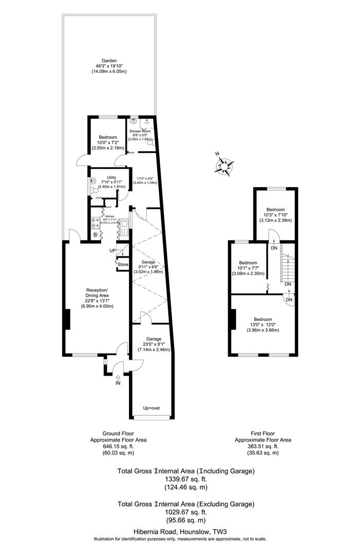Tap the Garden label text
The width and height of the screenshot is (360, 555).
pyautogui.click(x=109, y=60)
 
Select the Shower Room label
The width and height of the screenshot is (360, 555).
pyautogui.click(x=140, y=132)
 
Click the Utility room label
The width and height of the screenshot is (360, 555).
pyautogui.click(x=104, y=177)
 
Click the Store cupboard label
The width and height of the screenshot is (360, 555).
pyautogui.click(x=123, y=265)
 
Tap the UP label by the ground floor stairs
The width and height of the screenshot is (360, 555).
pyautogui.click(x=112, y=250)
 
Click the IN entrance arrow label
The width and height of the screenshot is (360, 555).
pyautogui.click(x=118, y=383)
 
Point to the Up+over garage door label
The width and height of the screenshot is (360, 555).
pyautogui.click(x=152, y=408)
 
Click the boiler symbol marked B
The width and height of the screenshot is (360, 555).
pyautogui.click(x=96, y=235)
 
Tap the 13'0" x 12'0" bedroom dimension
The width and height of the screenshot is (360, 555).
pyautogui.click(x=262, y=325)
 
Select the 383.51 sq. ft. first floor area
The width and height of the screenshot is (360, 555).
pyautogui.click(x=263, y=447)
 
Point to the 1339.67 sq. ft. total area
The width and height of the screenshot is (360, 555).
pyautogui.click(x=186, y=478)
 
